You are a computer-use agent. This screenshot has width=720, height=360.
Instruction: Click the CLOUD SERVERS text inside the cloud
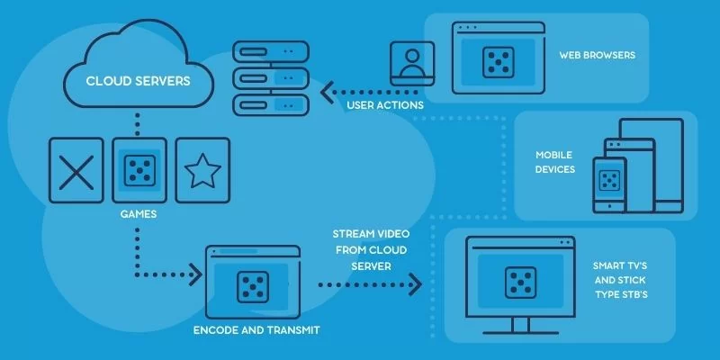[x=138, y=80]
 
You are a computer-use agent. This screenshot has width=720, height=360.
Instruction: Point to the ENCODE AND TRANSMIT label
[x=256, y=330]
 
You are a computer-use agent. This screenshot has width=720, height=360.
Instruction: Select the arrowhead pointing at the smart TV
[x=415, y=284]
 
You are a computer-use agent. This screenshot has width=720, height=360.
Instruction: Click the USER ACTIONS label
[x=385, y=106]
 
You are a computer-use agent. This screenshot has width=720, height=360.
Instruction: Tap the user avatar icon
[x=412, y=64]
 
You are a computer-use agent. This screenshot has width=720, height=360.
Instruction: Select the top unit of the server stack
[x=271, y=50]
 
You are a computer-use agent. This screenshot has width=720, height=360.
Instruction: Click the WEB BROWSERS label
[x=598, y=55]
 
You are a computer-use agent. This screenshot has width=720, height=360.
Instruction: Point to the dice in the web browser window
[x=498, y=61]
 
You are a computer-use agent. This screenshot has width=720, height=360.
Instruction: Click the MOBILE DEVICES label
[x=555, y=162]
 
